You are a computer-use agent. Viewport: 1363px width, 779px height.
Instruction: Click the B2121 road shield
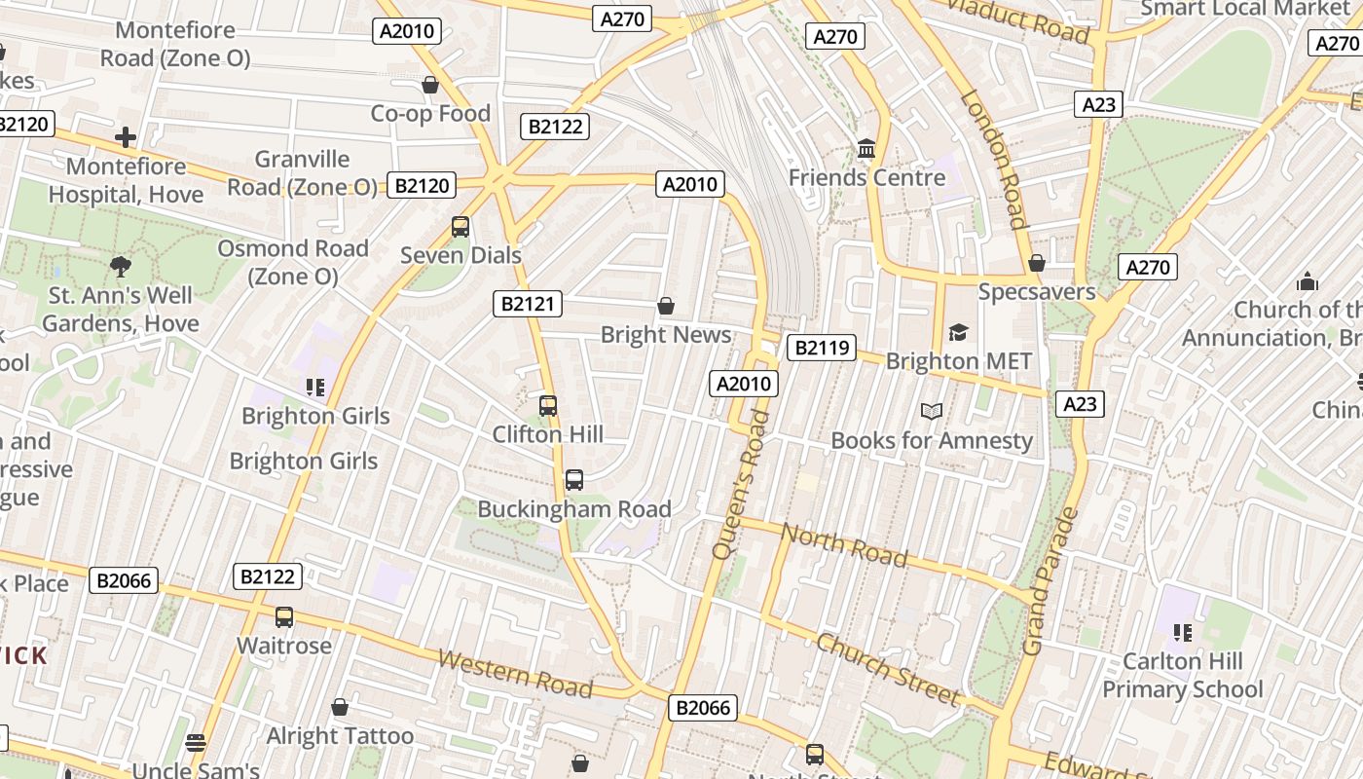point(528,304)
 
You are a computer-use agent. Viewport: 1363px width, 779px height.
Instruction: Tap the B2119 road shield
point(821,348)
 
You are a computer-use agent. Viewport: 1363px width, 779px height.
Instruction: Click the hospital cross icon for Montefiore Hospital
point(126,137)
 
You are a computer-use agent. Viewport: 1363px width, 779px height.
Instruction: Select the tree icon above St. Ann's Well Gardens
point(121,266)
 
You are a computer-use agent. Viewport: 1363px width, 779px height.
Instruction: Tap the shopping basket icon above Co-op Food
point(430,86)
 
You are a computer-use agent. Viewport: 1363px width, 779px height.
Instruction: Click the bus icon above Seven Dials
point(460,227)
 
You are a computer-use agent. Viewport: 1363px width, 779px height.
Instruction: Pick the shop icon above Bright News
point(666,307)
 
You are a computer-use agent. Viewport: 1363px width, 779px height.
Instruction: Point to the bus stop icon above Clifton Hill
point(548,406)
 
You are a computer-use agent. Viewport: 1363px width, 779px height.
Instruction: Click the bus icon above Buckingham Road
point(574,480)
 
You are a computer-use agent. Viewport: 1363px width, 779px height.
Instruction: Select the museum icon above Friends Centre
point(866,149)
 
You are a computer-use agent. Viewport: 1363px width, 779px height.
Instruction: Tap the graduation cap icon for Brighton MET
point(959,333)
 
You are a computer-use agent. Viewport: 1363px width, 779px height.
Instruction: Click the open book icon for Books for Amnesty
point(932,412)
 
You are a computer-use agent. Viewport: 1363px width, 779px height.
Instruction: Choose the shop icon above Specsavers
point(1037,263)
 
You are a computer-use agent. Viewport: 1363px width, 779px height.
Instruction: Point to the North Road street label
point(844,545)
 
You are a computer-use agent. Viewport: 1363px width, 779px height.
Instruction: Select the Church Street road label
point(888,668)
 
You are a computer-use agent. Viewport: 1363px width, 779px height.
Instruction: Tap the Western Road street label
point(515,673)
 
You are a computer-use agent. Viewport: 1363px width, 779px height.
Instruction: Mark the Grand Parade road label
point(1049,581)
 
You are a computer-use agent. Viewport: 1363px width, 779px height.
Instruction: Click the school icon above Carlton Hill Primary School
point(1183,633)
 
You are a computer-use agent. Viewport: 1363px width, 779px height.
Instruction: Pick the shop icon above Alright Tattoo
point(340,707)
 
